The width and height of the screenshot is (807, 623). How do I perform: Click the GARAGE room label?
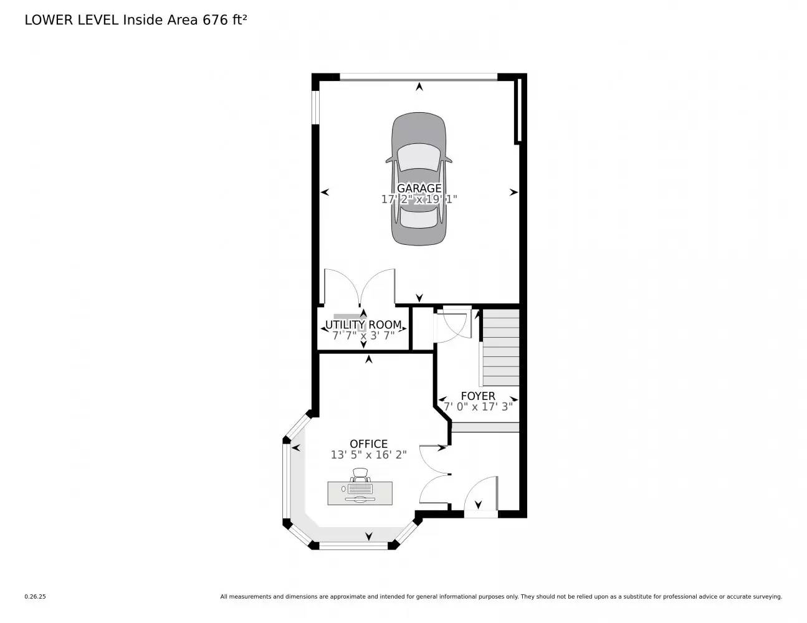(419, 188)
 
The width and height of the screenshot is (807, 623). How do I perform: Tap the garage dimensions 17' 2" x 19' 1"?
(419, 199)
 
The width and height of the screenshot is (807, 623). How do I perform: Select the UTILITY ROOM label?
(363, 325)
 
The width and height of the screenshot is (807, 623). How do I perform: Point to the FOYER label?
(478, 396)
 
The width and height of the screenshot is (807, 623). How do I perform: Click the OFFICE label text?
(368, 444)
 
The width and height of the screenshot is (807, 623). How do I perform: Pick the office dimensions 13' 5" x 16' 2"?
(368, 455)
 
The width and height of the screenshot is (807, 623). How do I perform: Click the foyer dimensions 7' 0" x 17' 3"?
(478, 407)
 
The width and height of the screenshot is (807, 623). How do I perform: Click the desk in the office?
(360, 493)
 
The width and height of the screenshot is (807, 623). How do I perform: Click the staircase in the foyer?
(500, 349)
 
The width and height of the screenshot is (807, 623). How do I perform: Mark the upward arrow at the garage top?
(419, 87)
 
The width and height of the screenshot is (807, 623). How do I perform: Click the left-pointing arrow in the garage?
(325, 193)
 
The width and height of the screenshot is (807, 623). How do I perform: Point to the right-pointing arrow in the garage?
(513, 193)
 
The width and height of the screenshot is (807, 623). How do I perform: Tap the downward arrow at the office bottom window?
(369, 536)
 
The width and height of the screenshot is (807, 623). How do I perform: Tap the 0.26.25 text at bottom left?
(35, 596)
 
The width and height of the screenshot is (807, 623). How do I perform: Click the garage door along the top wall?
(419, 77)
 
